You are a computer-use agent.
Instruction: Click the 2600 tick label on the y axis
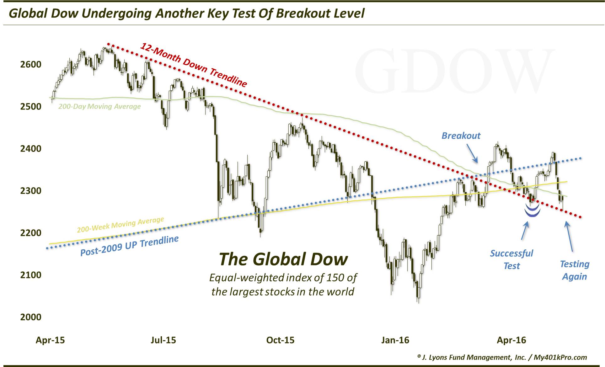tap(30, 64)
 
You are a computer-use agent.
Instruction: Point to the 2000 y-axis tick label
tap(30, 317)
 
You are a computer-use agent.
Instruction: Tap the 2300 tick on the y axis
tap(30, 191)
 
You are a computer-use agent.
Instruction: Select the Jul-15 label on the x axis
tap(163, 340)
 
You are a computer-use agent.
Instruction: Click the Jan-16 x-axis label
tap(395, 340)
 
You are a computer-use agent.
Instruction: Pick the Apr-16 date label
tap(511, 340)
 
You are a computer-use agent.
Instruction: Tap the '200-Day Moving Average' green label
tap(99, 107)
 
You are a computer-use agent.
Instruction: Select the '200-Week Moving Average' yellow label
tap(120, 225)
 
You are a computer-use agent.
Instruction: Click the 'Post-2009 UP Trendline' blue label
tap(129, 246)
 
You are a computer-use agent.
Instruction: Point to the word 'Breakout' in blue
tap(461, 136)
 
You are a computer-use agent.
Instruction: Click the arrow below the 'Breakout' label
tap(472, 153)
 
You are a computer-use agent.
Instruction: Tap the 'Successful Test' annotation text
tap(511, 259)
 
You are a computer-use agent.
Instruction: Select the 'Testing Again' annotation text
tap(575, 270)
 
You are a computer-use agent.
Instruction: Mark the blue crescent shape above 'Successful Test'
tap(533, 211)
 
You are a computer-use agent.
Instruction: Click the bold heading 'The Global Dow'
tap(283, 259)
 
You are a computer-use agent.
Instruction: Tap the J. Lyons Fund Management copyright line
tap(502, 357)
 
